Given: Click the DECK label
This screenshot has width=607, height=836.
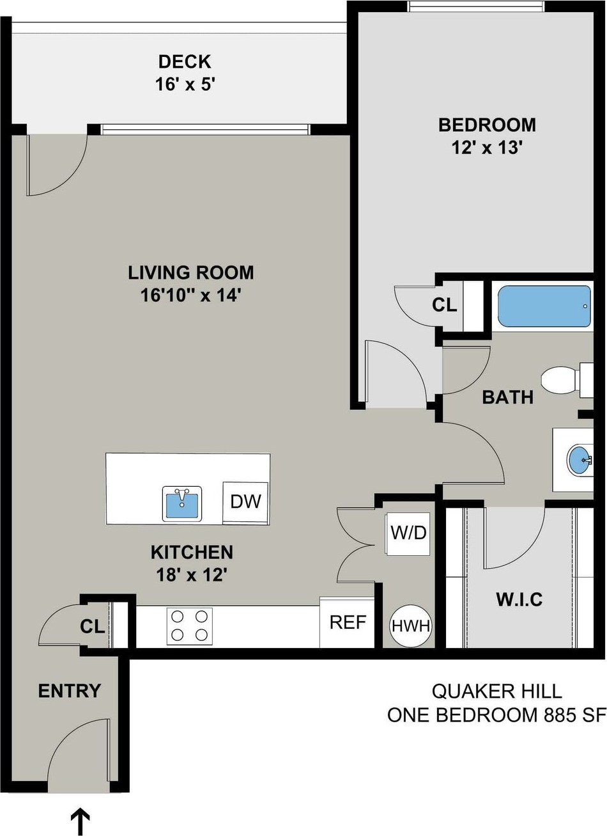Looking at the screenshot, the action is tap(185, 61).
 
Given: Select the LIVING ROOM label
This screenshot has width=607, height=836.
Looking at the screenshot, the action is tap(191, 272).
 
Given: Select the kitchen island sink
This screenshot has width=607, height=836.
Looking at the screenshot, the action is tap(182, 503).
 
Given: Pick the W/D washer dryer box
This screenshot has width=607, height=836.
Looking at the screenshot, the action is tap(408, 533).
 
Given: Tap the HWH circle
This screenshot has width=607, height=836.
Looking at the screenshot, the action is tap(410, 626).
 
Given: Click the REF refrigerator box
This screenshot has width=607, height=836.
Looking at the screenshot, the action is tap(347, 622).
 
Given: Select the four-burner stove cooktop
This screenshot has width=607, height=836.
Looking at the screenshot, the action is tap(189, 626).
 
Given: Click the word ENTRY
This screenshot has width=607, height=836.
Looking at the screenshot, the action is tap(70, 691).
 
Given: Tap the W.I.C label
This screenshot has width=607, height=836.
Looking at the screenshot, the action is tap(519, 600).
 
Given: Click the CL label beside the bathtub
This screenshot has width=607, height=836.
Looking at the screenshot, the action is tap(445, 305).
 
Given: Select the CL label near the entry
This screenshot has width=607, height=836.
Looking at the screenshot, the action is tap(92, 627).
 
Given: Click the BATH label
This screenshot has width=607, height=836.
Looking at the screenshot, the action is tap(507, 397).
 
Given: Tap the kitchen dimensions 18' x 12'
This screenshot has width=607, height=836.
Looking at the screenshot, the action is tap(192, 576).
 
